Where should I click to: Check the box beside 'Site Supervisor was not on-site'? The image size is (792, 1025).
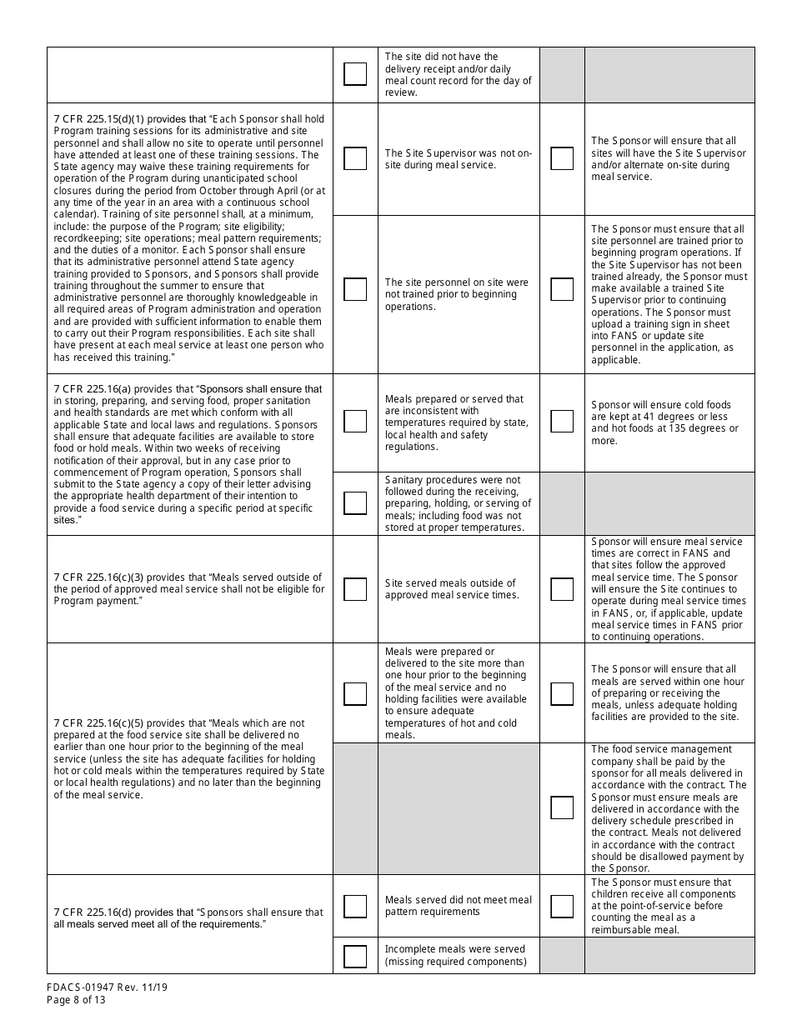click(355, 158)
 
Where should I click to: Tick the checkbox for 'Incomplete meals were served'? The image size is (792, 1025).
click(355, 956)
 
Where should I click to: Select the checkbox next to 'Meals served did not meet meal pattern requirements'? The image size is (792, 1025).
click(355, 906)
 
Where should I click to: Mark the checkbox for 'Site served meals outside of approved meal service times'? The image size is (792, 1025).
click(355, 589)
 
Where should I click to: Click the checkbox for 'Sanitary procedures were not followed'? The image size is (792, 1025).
click(355, 503)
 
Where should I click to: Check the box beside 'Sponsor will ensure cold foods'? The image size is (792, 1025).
click(562, 421)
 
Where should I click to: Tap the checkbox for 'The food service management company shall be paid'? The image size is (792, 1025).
click(562, 807)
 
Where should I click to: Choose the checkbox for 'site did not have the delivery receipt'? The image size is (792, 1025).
click(355, 74)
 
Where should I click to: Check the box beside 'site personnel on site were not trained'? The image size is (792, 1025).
click(355, 289)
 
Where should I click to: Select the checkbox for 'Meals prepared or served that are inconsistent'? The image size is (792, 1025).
click(355, 421)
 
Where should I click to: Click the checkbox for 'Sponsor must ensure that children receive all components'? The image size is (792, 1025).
click(562, 906)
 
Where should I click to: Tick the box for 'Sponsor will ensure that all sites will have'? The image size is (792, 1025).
click(562, 158)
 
